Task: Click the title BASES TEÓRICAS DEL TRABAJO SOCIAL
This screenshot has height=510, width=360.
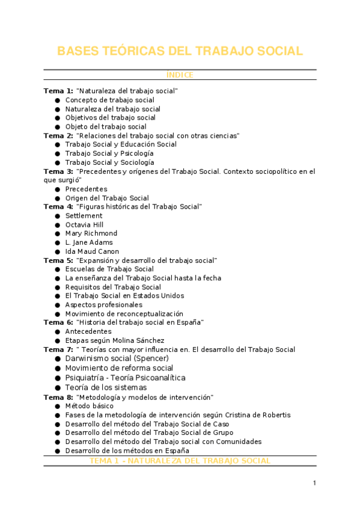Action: (x=180, y=51)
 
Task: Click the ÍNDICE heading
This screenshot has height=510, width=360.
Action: (x=180, y=75)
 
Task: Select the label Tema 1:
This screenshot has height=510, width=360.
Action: (x=58, y=91)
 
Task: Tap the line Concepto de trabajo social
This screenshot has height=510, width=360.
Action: (x=109, y=100)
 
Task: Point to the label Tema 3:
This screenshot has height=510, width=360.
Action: (x=58, y=171)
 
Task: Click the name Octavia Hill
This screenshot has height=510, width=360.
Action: (x=84, y=225)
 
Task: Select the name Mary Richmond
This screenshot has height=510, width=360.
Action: (x=91, y=233)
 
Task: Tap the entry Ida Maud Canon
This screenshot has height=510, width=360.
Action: (x=92, y=251)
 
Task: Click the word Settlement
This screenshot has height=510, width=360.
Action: (x=84, y=216)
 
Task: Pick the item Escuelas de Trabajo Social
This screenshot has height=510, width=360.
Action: (x=109, y=269)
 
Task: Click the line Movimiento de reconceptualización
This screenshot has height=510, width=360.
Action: (x=124, y=314)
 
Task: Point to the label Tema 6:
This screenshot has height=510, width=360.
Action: (x=58, y=322)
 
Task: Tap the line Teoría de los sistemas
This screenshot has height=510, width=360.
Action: (x=106, y=388)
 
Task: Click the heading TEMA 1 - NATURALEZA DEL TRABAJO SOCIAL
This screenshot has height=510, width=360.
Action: (x=180, y=461)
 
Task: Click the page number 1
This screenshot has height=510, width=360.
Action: (x=314, y=483)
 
